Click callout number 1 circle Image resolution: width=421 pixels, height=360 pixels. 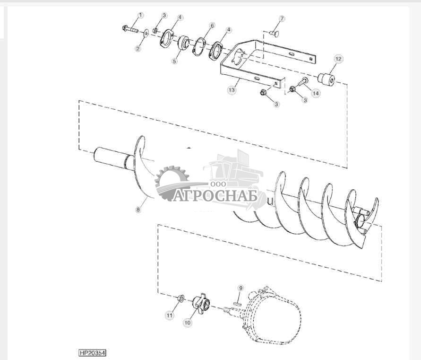pos(140,15)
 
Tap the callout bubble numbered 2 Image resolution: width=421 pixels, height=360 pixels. pos(138,48)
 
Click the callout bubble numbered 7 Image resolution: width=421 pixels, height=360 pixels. pos(282,18)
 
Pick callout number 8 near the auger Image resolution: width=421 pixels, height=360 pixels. pos(138,209)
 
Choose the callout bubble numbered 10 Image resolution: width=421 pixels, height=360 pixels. pos(187,323)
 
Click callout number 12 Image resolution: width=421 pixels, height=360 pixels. pos(338,59)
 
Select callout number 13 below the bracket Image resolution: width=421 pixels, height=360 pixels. pos(232,89)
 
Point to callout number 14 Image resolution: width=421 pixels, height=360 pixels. pos(315,94)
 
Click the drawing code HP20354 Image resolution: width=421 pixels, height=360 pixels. pos(92,353)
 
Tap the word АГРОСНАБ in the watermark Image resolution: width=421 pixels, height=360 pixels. pos(215,195)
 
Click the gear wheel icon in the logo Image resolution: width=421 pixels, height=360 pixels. pos(171,182)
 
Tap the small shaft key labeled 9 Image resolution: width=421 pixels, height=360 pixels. pos(237,298)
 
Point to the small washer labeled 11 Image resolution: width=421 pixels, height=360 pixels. pos(181,298)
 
